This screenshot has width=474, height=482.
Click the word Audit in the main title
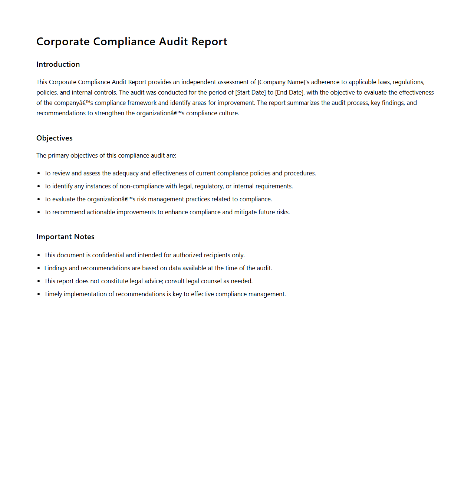click(x=173, y=42)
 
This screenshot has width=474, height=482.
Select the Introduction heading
click(x=58, y=64)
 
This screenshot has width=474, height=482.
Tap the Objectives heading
click(x=55, y=138)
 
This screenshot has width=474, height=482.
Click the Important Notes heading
click(x=65, y=237)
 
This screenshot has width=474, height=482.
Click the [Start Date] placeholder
click(x=250, y=92)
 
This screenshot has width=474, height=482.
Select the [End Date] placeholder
click(x=289, y=92)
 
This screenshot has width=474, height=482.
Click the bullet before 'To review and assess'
click(x=39, y=173)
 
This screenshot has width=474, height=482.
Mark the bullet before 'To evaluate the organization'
click(x=39, y=199)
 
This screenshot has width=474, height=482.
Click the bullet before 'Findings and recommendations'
click(x=39, y=268)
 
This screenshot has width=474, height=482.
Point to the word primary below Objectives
click(x=59, y=155)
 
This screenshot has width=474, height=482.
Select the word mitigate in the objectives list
click(x=246, y=212)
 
